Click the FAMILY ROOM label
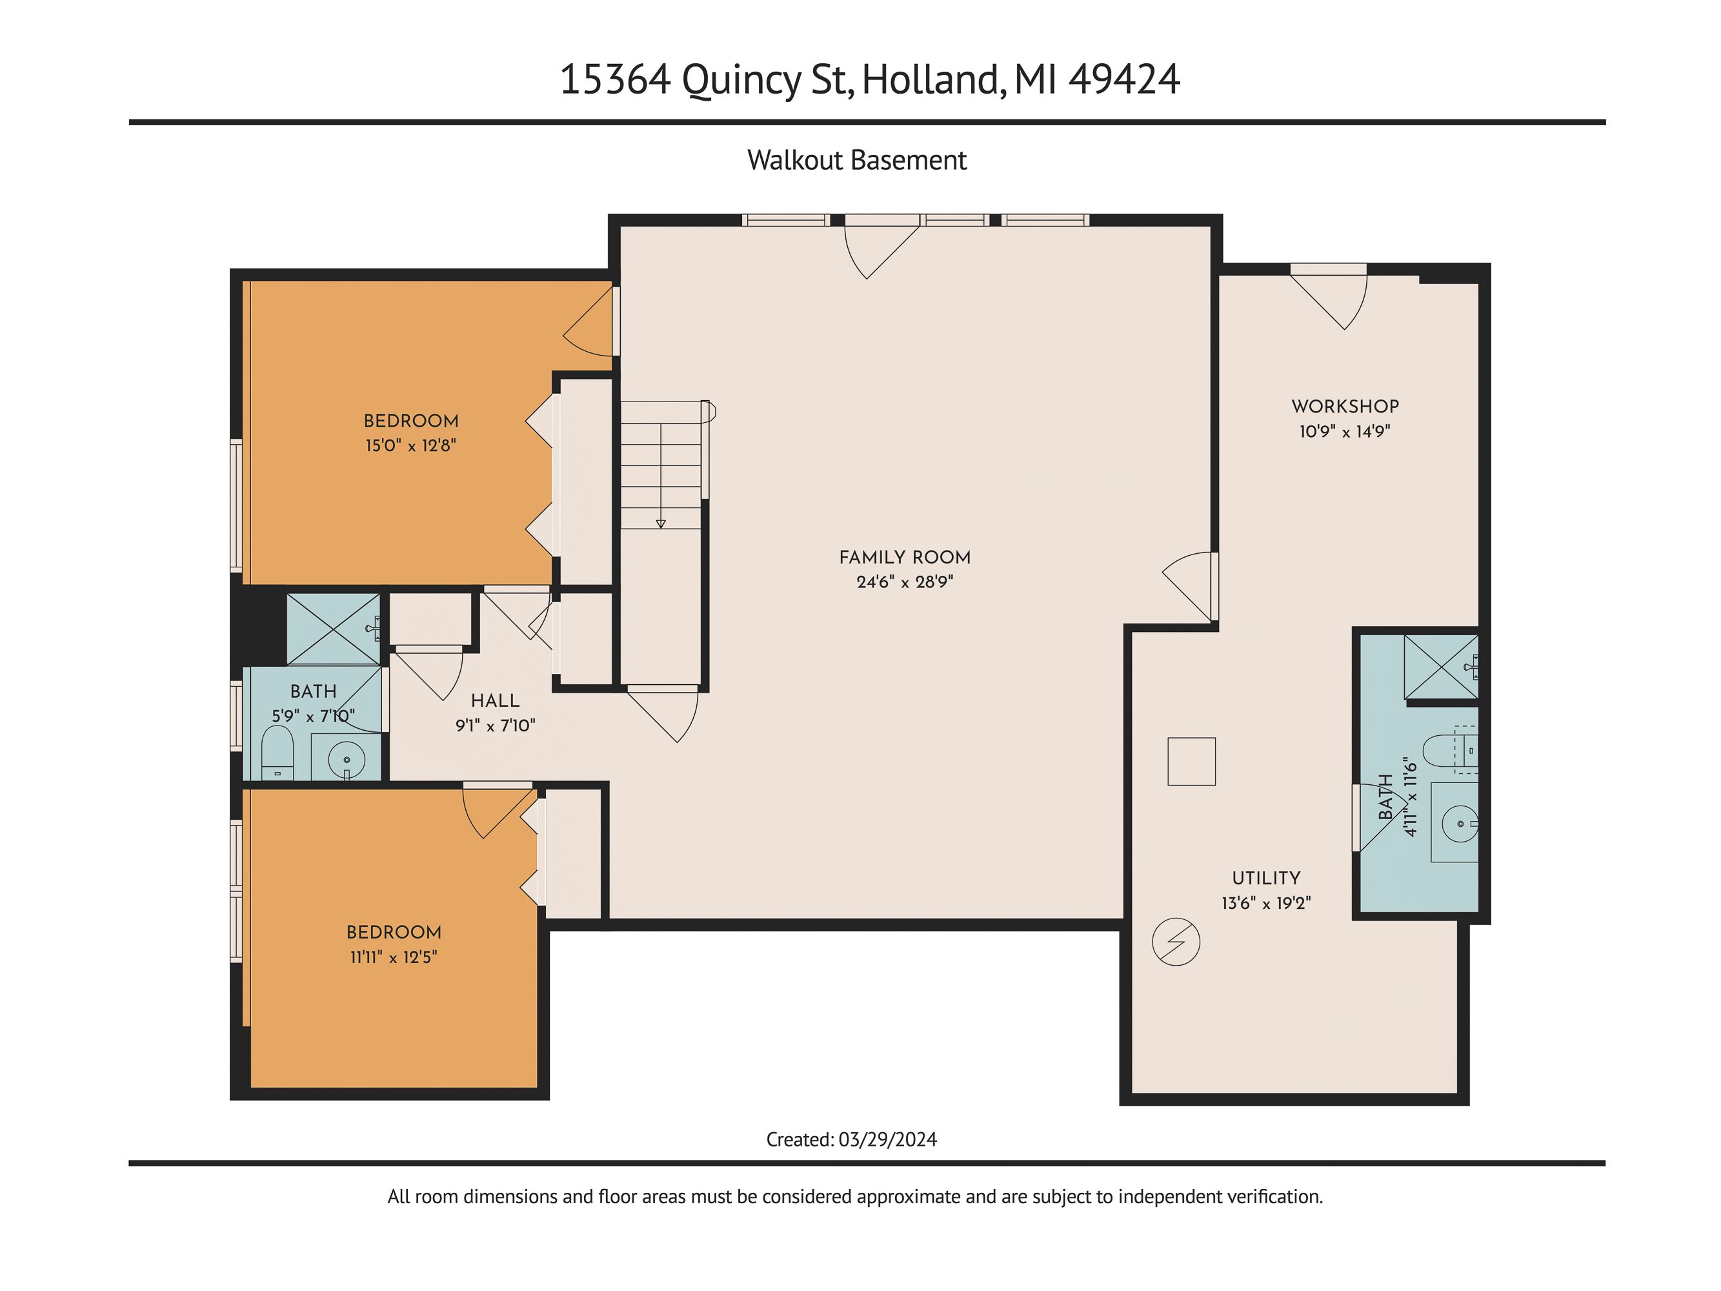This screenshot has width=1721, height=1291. coord(904,557)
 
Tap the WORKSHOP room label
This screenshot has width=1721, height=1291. coord(1345,406)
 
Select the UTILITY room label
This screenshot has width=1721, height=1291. coord(1266,878)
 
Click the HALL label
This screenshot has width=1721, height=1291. coord(495,700)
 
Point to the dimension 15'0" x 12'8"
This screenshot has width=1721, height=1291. coord(411,446)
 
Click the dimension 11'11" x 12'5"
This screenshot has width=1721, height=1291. coord(394,957)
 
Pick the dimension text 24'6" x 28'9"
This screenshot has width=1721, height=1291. coord(905,582)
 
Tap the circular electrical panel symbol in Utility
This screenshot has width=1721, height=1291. coord(1176,942)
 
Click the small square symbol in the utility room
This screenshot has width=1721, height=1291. coord(1191,761)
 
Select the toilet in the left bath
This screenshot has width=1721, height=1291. coord(277,753)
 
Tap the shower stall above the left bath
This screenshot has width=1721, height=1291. coord(334,629)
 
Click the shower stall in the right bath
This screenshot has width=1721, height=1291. coord(1441,667)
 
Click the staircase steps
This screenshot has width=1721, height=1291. coord(661,465)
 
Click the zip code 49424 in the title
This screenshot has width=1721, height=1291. coord(1124,79)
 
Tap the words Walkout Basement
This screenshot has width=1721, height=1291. coord(856,160)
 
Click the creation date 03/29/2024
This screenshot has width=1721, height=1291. coord(888,1140)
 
